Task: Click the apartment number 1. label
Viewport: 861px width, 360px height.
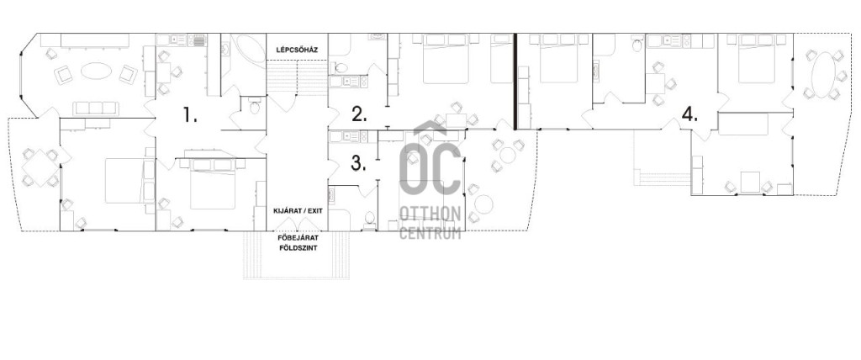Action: (190, 115)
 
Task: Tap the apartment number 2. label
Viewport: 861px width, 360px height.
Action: (359, 115)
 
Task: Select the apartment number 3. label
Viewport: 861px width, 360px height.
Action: (359, 163)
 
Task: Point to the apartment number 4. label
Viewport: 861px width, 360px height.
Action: (689, 115)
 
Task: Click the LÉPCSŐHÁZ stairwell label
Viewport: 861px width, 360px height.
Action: (297, 50)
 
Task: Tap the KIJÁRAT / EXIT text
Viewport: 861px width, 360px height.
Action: (297, 211)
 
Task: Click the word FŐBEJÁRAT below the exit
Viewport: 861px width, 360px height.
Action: (297, 238)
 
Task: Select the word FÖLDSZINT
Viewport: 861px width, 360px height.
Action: (297, 248)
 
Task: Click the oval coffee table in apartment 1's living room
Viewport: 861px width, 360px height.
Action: (96, 71)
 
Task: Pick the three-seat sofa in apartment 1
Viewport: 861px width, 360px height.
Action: (96, 108)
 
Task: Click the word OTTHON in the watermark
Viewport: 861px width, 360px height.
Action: (430, 214)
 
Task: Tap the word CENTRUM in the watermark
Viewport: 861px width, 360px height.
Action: (430, 232)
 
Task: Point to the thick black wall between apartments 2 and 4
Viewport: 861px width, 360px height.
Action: (515, 82)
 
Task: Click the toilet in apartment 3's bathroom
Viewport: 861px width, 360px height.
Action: (370, 218)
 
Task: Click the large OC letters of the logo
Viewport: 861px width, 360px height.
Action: (430, 164)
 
